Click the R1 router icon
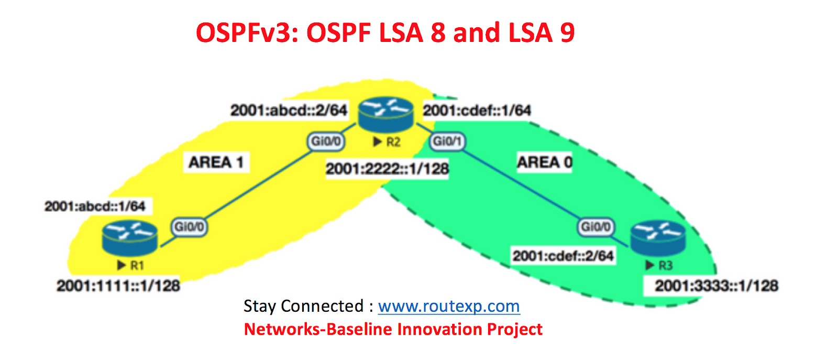click(129, 237)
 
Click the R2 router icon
click(386, 114)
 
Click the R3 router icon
click(658, 237)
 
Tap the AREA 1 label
click(216, 162)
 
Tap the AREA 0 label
click(544, 162)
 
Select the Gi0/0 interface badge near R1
click(189, 227)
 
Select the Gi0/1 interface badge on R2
click(447, 141)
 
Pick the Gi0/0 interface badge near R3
click(596, 227)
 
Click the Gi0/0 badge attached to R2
click(325, 141)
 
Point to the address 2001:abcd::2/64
click(289, 111)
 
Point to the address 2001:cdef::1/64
click(477, 111)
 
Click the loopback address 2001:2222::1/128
click(387, 169)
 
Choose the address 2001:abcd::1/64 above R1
click(95, 206)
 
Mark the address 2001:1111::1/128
click(118, 286)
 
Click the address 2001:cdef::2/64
click(563, 256)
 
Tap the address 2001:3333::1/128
click(716, 286)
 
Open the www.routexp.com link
click(449, 306)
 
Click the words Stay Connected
click(303, 306)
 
